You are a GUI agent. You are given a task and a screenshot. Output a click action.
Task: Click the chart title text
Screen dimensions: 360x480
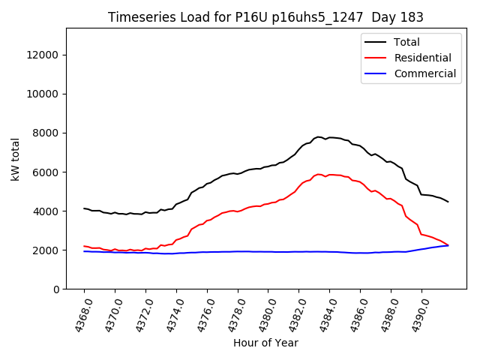coord(265,17)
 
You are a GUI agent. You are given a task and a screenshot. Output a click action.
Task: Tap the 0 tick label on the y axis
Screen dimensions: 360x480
coord(57,289)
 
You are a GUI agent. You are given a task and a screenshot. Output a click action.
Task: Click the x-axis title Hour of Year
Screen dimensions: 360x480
coord(265,343)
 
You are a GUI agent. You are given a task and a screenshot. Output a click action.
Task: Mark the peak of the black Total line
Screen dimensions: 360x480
coord(319,136)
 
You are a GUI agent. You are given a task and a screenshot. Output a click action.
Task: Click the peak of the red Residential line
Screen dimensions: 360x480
coord(319,174)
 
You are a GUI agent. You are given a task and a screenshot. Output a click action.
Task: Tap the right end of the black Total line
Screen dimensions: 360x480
coord(448,202)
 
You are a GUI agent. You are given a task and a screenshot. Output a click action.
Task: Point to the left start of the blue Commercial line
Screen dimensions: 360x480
coord(84,251)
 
